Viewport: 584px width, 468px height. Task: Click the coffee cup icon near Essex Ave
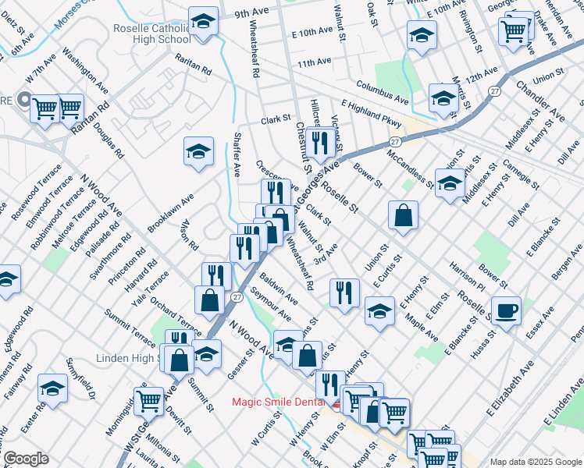coord(506,311)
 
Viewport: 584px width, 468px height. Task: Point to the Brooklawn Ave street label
coord(170,214)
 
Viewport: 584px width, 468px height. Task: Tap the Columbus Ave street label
coord(383,91)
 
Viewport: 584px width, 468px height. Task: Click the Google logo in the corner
coord(26,459)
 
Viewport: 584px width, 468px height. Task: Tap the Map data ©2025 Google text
coord(536,462)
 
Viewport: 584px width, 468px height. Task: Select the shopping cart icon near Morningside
coord(148,400)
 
